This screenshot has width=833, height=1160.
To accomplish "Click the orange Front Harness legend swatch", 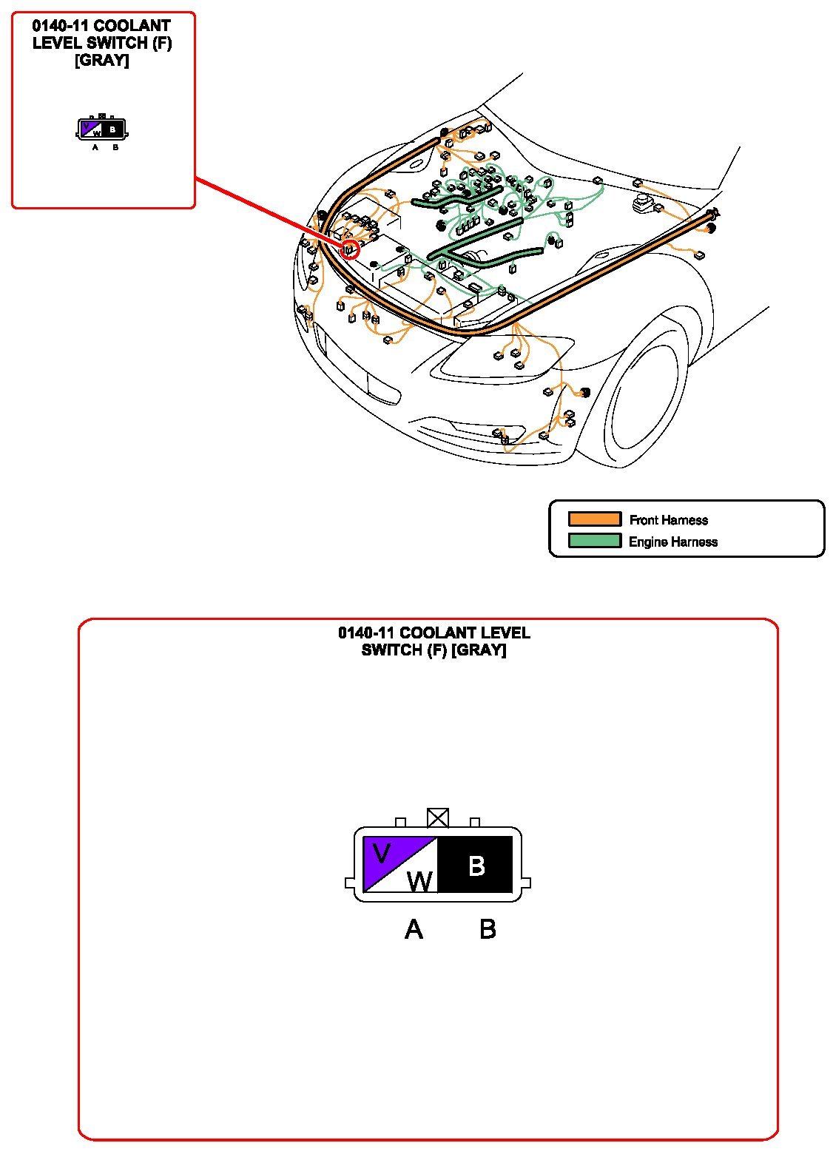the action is [x=594, y=519].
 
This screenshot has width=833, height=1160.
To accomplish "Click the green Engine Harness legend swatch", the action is [x=594, y=541].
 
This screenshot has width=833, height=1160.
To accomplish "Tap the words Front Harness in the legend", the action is [x=668, y=519].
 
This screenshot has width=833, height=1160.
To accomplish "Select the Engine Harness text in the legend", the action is [x=673, y=542].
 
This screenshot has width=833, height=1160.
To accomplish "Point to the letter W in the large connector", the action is [x=419, y=881].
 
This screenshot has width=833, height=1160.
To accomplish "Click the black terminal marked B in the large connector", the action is [x=475, y=864].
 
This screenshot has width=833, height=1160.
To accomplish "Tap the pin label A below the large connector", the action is [x=413, y=929].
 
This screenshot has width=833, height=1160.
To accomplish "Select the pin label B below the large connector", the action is [x=488, y=929].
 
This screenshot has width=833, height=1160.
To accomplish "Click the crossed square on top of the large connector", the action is [x=437, y=817].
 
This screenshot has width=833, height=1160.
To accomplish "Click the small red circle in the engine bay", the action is [x=349, y=249].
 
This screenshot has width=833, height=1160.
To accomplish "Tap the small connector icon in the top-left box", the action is [x=102, y=128].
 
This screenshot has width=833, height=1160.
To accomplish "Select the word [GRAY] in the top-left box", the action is [x=101, y=60].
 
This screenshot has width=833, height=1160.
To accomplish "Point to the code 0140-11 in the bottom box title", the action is [x=366, y=633].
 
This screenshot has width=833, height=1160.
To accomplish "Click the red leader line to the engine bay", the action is [x=269, y=212].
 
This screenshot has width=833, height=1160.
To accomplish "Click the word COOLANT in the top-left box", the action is [x=132, y=25].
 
